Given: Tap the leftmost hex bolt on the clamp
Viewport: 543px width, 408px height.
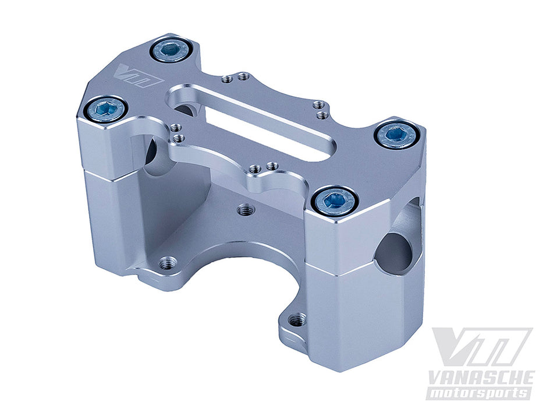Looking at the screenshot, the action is (105, 110).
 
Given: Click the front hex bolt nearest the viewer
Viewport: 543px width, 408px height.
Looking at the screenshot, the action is (334, 201).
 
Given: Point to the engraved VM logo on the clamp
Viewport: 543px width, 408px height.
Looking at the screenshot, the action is (140, 76).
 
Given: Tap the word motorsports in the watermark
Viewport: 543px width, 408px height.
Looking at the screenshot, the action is (478, 393).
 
